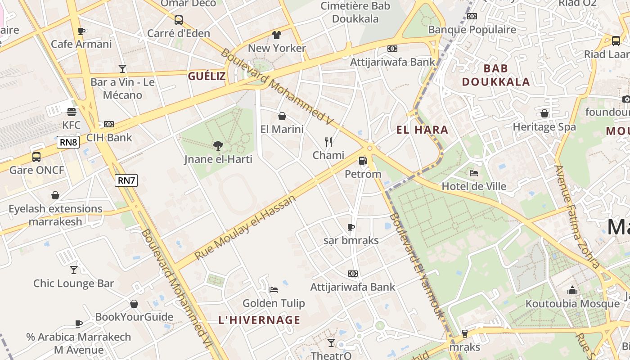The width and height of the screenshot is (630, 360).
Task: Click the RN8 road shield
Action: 68,143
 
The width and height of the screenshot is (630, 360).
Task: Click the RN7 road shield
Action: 126,180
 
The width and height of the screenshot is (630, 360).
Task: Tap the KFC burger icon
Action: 71,112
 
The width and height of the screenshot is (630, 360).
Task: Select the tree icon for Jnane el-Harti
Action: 218,145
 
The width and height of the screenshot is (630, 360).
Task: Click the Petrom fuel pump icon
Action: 363,160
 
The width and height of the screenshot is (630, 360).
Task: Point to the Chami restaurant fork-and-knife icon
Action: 328,142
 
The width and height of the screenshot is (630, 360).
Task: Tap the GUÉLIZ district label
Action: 207,76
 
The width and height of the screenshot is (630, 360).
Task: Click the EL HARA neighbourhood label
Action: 422,130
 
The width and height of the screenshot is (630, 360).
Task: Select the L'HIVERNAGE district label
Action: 259,320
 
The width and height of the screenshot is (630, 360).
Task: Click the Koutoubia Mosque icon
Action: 572,290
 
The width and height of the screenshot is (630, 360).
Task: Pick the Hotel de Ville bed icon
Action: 474,173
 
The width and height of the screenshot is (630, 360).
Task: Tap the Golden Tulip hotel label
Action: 274,303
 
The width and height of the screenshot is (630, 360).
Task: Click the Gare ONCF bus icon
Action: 36,157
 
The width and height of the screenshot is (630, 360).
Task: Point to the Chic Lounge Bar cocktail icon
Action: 74,270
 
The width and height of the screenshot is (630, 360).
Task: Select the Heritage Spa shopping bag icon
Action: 544,113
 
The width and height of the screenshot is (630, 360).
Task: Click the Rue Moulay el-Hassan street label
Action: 246,228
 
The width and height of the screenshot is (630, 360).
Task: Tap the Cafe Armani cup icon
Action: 81,31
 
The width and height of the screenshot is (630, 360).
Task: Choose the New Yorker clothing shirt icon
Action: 277,35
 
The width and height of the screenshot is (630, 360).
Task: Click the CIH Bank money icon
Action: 109,124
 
